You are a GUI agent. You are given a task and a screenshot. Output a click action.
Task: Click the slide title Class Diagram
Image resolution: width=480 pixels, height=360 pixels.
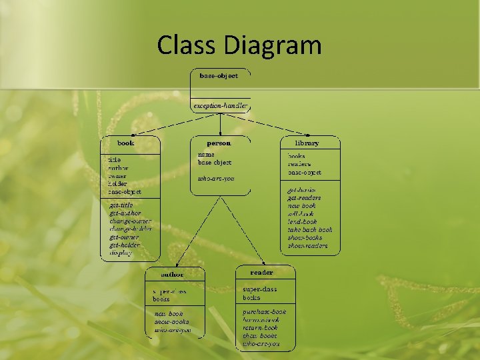pyautogui.click(x=239, y=45)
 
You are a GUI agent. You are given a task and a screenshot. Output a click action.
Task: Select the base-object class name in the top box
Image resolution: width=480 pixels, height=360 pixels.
pyautogui.click(x=219, y=76)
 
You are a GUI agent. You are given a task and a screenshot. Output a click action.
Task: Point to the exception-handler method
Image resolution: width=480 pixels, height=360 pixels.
pyautogui.click(x=220, y=106)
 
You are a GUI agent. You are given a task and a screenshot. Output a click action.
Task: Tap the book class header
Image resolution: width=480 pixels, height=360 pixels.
pyautogui.click(x=126, y=143)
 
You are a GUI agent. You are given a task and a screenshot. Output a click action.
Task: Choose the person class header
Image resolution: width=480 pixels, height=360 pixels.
pyautogui.click(x=219, y=143)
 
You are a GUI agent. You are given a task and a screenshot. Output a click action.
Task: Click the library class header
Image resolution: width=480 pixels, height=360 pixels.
pyautogui.click(x=307, y=143)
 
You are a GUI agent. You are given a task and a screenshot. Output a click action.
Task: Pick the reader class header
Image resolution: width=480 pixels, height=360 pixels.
pyautogui.click(x=261, y=273)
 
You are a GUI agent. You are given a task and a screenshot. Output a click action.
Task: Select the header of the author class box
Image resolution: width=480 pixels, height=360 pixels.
pyautogui.click(x=173, y=274)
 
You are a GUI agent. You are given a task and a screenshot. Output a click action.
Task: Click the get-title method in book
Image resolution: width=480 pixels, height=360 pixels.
pyautogui.click(x=122, y=205)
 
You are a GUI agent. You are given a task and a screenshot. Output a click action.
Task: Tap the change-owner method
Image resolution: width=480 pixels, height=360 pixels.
pyautogui.click(x=131, y=221)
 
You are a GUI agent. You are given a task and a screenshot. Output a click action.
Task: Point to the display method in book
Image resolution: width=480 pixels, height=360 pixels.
pyautogui.click(x=121, y=253)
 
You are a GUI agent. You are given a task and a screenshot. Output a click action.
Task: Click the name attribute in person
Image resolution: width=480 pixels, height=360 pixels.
pyautogui.click(x=206, y=155)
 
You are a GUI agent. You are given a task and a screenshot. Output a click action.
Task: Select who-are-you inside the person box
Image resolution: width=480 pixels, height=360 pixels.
pyautogui.click(x=216, y=179)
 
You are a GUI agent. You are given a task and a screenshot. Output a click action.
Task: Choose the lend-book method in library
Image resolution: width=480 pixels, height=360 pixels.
pyautogui.click(x=303, y=222)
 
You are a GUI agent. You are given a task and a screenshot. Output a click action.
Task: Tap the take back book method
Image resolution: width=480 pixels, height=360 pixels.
pyautogui.click(x=309, y=230)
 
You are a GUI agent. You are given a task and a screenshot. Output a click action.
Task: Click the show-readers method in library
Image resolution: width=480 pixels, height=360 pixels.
pyautogui.click(x=307, y=246)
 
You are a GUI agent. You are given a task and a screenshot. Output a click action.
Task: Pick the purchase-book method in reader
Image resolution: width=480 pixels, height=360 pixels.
pyautogui.click(x=265, y=312)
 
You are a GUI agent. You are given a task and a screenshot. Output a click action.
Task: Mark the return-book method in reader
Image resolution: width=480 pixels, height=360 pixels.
pyautogui.click(x=260, y=328)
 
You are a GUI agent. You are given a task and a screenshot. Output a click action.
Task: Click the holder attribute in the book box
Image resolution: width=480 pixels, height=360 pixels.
pyautogui.click(x=118, y=184)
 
